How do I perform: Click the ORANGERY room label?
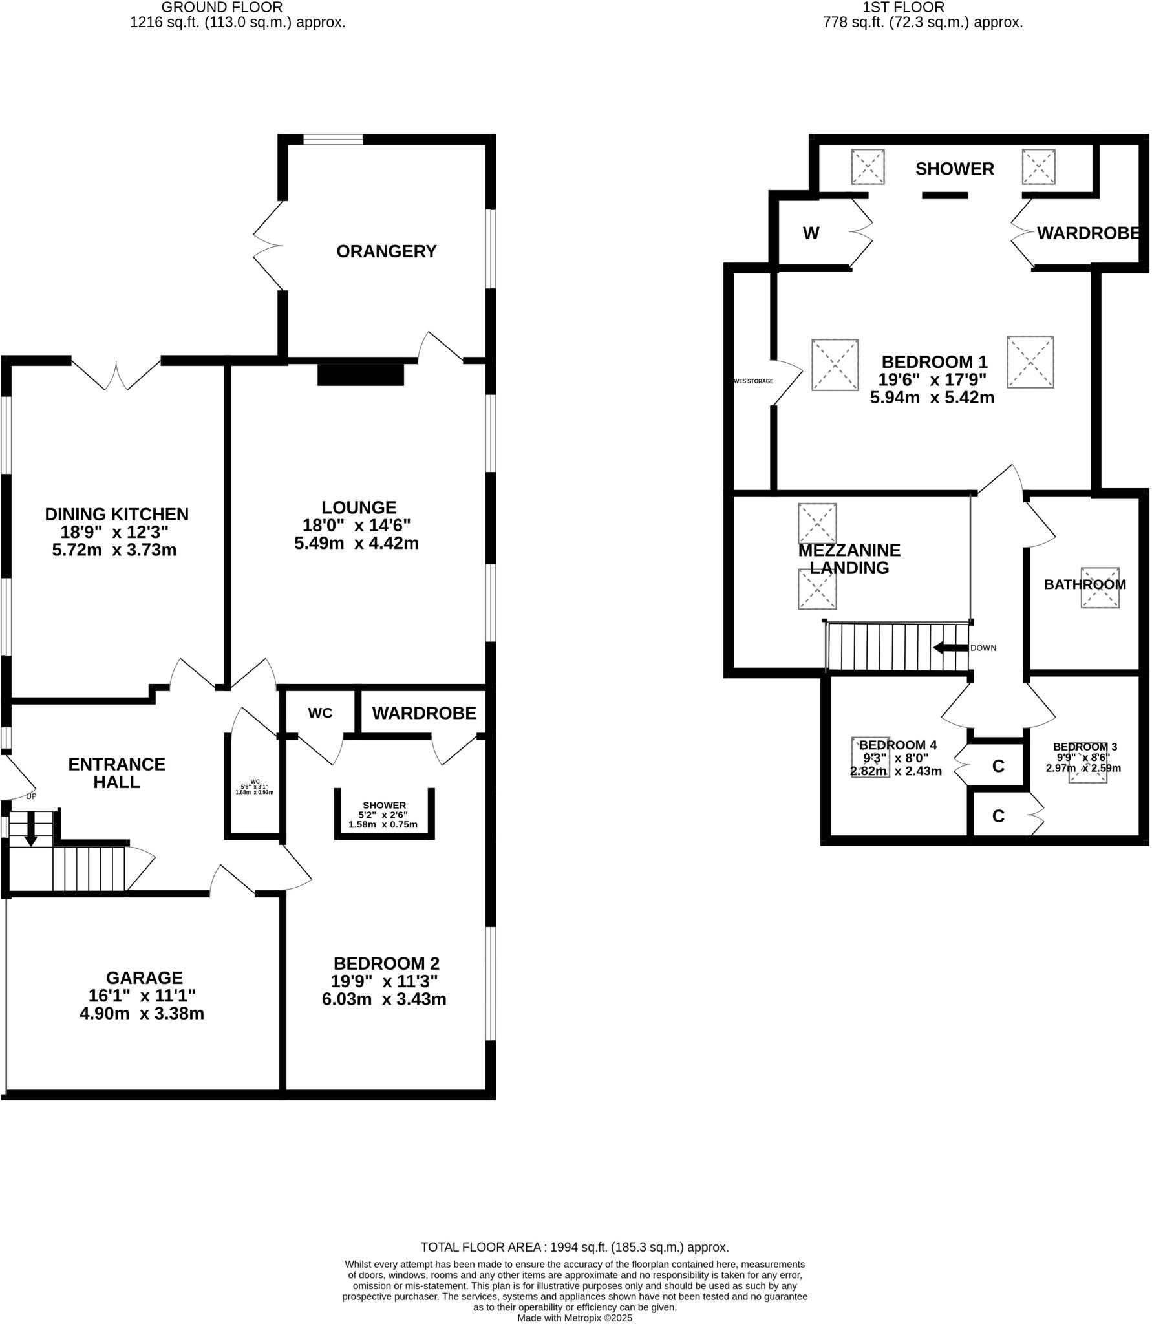point(386,251)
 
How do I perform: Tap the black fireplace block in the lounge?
point(360,375)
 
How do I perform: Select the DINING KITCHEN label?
point(116,515)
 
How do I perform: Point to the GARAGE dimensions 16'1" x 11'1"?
point(142,996)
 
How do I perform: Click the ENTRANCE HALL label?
point(116,773)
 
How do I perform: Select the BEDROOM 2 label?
point(386,963)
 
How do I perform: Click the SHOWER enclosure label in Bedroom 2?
point(384,806)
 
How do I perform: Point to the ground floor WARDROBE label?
point(423,713)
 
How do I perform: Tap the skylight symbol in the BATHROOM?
point(1100,588)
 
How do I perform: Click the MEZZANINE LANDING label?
point(849,559)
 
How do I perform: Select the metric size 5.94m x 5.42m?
point(932,398)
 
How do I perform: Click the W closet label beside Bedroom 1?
point(811,233)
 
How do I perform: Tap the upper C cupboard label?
point(997,766)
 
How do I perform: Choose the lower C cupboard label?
point(997,817)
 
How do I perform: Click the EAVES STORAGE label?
point(752,381)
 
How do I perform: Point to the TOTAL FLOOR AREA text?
point(574,1247)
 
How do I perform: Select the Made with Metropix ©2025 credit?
point(574,1318)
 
